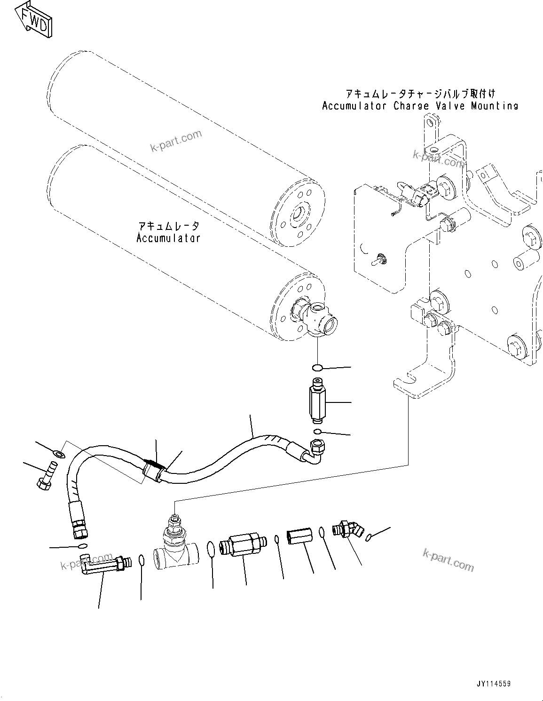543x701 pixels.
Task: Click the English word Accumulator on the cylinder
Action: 168,238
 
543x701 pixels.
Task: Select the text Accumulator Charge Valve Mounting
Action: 420,106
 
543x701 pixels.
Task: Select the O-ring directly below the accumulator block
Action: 317,367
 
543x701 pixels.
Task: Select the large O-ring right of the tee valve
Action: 212,549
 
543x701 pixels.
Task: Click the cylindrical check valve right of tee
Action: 242,544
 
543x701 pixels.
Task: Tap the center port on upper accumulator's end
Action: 298,216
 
